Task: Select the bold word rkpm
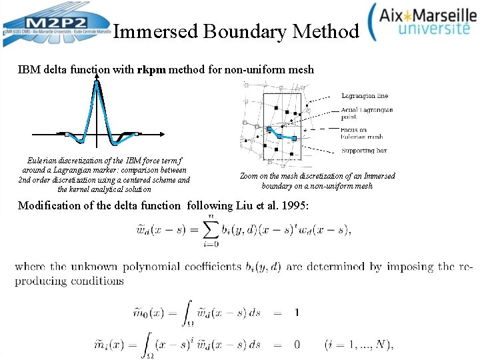pos(151,69)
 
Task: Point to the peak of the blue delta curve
pos(97,82)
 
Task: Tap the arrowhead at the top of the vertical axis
pos(97,76)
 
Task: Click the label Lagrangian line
pos(365,96)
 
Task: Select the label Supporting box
pos(364,151)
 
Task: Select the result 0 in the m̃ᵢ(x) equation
pos(297,345)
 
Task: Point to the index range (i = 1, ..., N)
pos(360,345)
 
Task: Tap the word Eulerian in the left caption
pos(43,161)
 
